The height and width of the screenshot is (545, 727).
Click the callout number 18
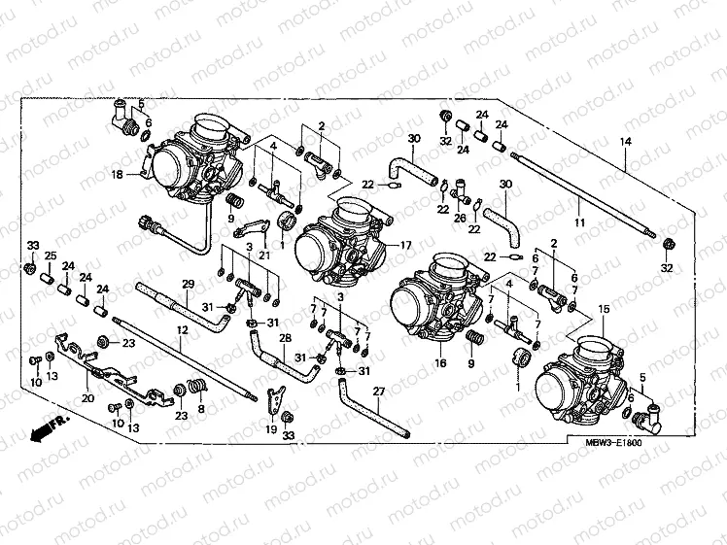click(117, 175)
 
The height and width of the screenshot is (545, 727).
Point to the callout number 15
click(604, 308)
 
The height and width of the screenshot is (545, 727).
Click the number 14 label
click(626, 142)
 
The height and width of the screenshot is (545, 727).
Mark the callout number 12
click(181, 330)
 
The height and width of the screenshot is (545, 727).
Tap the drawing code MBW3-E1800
click(613, 443)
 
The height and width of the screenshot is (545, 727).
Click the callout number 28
click(286, 338)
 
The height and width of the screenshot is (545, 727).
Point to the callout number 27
click(378, 392)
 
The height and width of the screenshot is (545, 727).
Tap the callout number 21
click(262, 255)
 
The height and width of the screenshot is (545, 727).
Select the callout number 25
click(50, 255)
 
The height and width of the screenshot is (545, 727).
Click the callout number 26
click(461, 218)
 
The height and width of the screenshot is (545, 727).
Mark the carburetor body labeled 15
click(583, 374)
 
